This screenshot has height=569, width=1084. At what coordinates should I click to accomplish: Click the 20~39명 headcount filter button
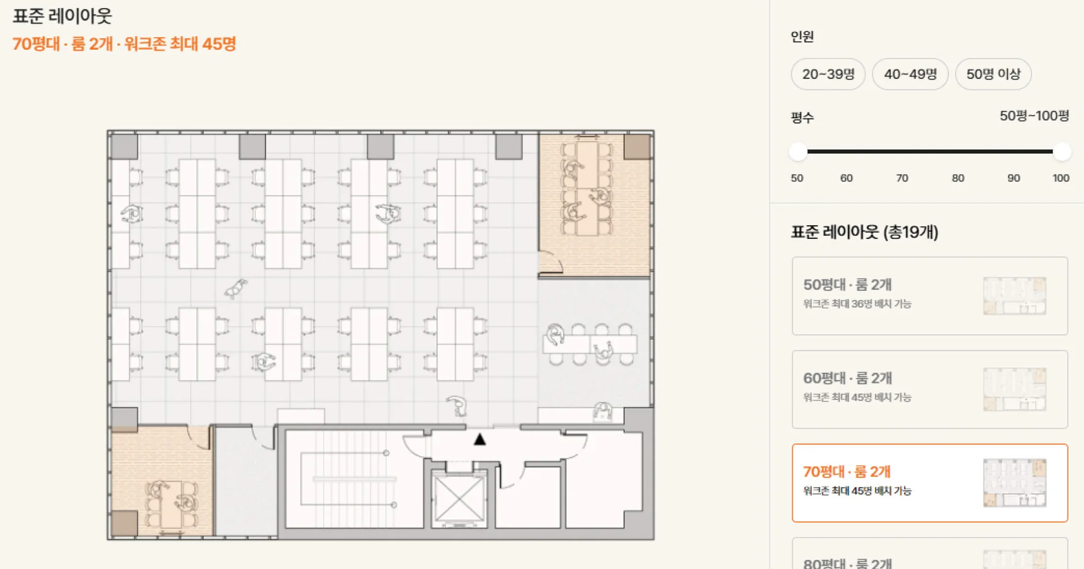[x=828, y=74]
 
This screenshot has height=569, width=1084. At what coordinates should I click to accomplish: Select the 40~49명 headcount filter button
[x=910, y=74]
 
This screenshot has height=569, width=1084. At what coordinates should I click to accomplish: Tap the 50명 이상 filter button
[x=993, y=74]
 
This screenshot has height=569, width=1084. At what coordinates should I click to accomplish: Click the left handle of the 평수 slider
[x=798, y=151]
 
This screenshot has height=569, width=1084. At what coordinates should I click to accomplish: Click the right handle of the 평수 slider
[x=1062, y=151]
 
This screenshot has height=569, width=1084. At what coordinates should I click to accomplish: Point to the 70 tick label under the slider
[x=902, y=178]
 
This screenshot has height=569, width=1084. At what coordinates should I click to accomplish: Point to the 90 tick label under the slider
[x=1013, y=178]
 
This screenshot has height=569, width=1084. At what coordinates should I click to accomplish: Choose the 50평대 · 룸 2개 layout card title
[x=847, y=284]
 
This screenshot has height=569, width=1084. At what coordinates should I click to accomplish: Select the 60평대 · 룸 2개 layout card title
[x=847, y=378]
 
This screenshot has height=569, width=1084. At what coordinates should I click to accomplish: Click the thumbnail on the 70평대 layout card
[x=1015, y=483]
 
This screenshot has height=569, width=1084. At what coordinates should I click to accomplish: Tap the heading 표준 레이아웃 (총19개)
[x=864, y=232]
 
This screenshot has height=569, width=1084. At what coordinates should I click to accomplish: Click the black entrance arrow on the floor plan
[x=480, y=439]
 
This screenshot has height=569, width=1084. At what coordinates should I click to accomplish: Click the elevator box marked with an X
[x=458, y=500]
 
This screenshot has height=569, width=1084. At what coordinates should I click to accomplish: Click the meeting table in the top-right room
[x=587, y=188]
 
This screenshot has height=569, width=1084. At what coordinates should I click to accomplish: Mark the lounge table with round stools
[x=590, y=344]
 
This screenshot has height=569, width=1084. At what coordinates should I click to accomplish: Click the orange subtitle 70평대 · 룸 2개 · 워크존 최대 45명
[x=124, y=44]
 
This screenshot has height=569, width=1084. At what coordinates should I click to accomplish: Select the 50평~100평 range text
[x=1034, y=116]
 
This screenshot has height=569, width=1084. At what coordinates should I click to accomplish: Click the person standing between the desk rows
[x=235, y=288]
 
